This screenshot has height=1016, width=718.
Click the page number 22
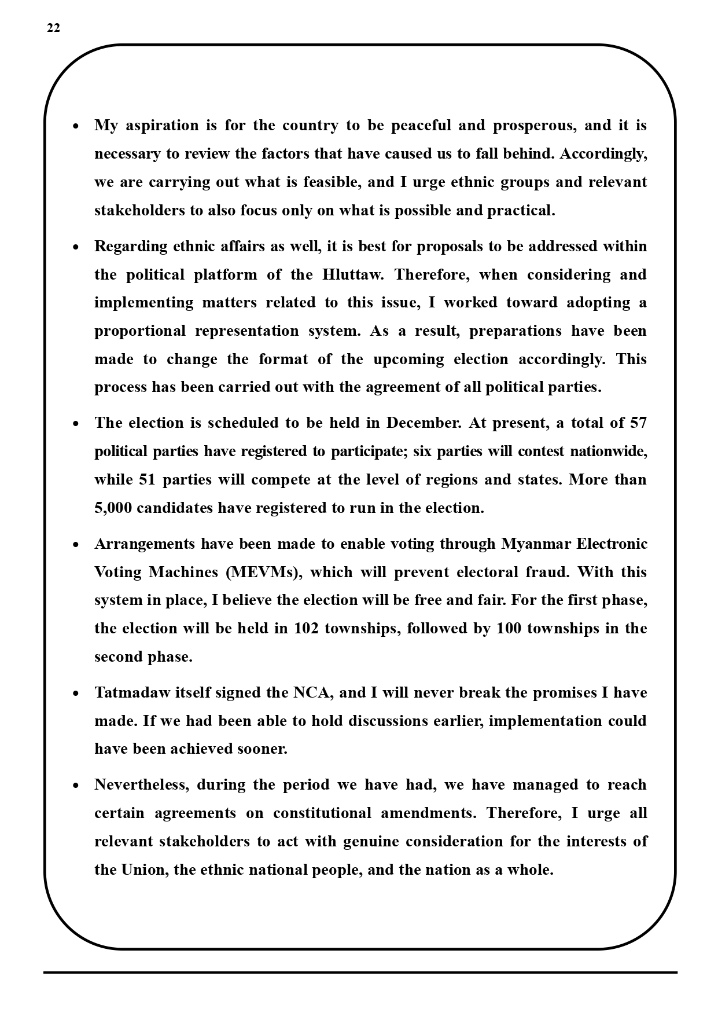point(53,28)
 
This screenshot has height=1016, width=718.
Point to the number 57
point(638,423)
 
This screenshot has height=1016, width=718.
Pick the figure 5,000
point(113,508)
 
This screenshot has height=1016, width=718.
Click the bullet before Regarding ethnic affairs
point(76,247)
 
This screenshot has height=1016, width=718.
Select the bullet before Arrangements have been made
point(76,545)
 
